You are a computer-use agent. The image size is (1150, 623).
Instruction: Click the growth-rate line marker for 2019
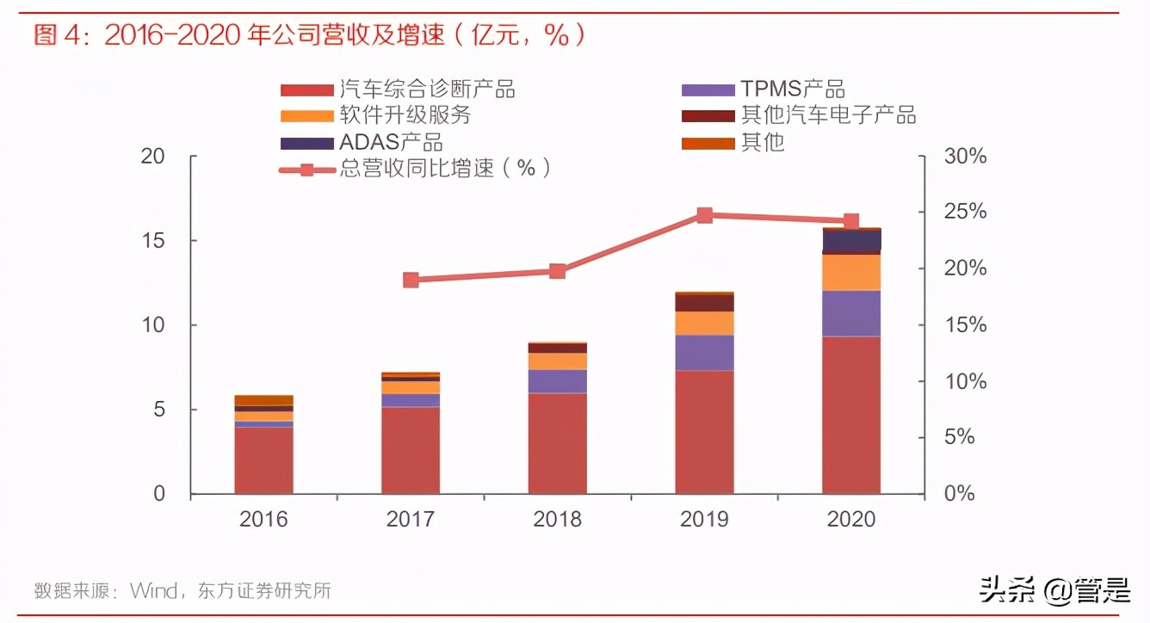click(x=704, y=215)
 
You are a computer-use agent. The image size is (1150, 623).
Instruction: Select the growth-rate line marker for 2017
click(x=411, y=280)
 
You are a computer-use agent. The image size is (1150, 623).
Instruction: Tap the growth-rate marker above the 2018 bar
click(x=557, y=271)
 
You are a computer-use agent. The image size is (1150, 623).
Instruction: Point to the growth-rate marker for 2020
click(x=850, y=222)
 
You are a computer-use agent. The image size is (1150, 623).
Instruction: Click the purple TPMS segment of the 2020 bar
click(x=851, y=313)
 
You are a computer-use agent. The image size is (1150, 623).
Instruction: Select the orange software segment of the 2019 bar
click(x=704, y=323)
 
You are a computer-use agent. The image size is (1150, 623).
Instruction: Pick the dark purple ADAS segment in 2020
click(x=851, y=240)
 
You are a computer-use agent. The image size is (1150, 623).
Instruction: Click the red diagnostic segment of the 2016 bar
click(x=263, y=460)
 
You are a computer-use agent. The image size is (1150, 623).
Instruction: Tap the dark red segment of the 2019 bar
click(x=704, y=303)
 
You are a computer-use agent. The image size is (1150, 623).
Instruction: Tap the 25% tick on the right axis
click(x=964, y=213)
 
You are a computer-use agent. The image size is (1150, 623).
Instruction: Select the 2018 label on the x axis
click(x=557, y=519)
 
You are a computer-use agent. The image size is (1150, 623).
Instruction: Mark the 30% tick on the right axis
click(x=964, y=157)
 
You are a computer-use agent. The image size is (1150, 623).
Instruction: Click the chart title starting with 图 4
click(x=310, y=35)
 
